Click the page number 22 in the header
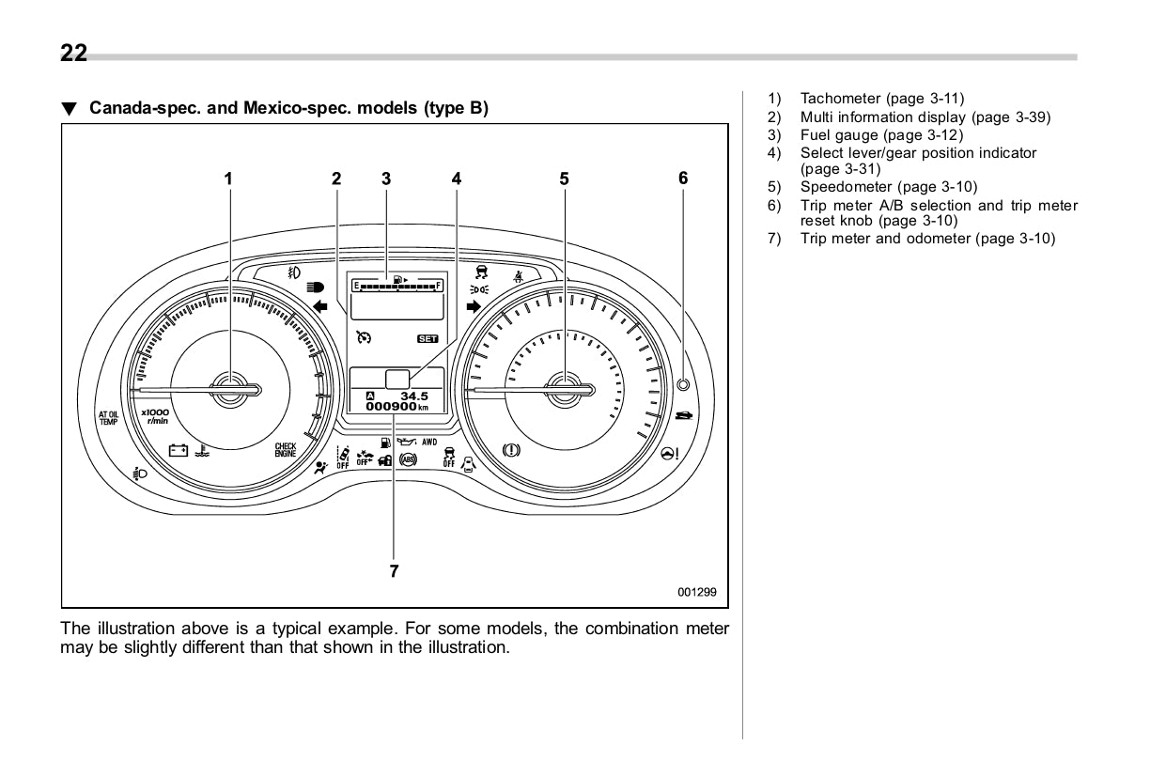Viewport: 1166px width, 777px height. point(73,54)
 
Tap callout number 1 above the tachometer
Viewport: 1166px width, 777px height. point(227,178)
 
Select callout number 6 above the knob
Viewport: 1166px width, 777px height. point(683,178)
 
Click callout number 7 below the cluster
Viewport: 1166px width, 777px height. point(395,570)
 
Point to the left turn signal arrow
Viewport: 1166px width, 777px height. point(319,306)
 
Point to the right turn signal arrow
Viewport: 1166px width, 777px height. point(473,306)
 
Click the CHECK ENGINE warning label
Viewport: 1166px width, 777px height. point(286,450)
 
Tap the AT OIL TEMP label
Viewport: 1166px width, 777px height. point(109,417)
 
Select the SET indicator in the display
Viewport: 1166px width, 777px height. point(428,338)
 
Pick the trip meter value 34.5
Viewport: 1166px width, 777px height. point(414,396)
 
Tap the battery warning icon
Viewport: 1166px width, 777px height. point(178,450)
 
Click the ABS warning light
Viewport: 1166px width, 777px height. point(408,459)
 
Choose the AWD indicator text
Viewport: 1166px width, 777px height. point(430,442)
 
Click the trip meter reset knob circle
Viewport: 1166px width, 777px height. point(683,384)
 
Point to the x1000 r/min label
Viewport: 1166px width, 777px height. point(155,416)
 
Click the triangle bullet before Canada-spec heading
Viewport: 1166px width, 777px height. point(68,109)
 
